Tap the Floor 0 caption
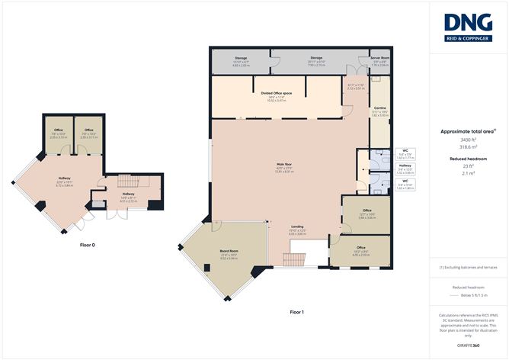[x=88, y=245]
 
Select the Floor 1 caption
[x=296, y=313]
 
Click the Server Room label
[x=379, y=58]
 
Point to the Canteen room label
[x=379, y=108]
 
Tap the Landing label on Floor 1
[x=296, y=227]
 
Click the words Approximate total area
[x=463, y=133]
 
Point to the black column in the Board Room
[x=208, y=267]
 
